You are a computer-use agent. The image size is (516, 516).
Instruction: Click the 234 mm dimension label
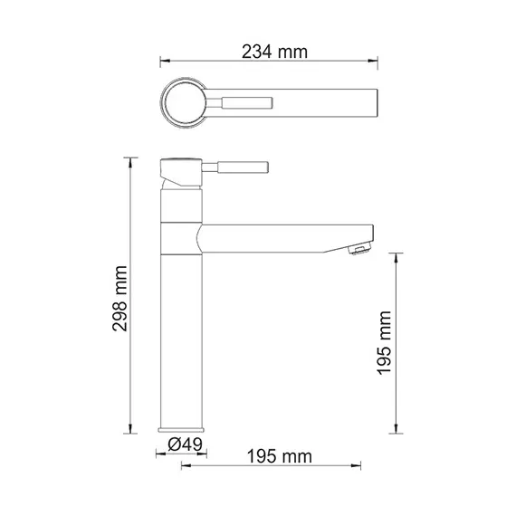pyautogui.click(x=274, y=52)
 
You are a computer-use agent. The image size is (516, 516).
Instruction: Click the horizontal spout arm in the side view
pyautogui.click(x=281, y=238)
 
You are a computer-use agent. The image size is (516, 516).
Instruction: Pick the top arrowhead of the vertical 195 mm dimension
pyautogui.click(x=397, y=257)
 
